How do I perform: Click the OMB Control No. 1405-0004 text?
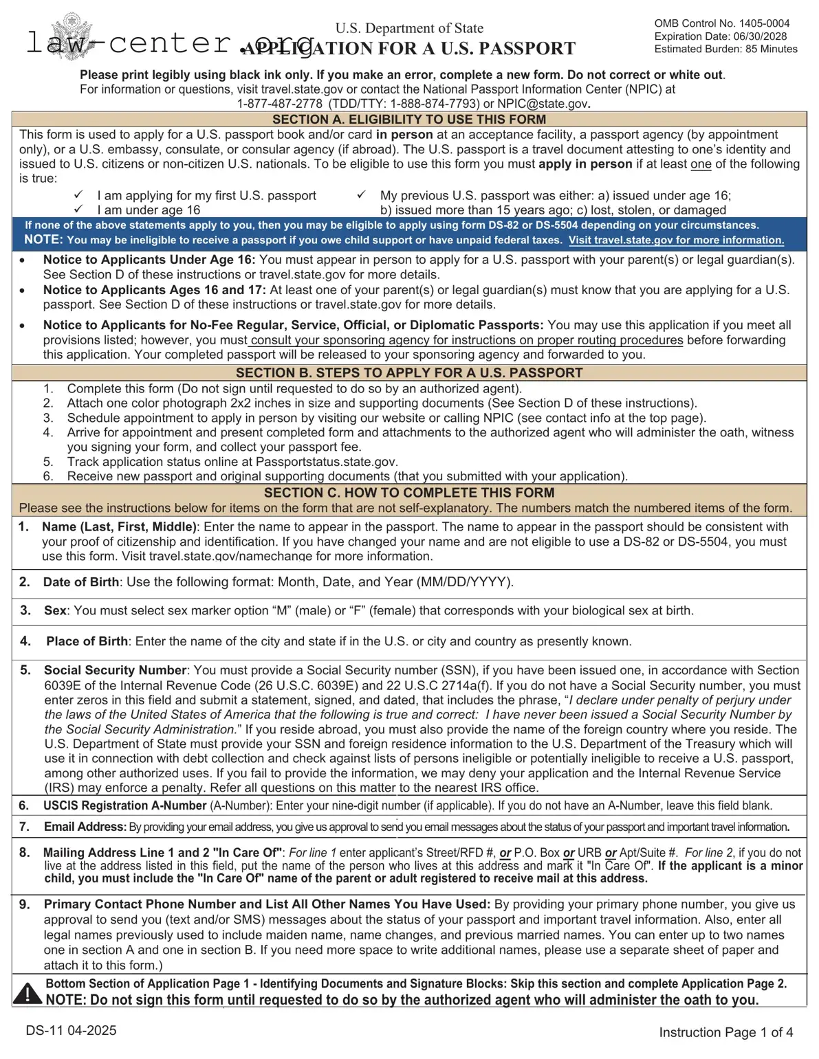pos(721,23)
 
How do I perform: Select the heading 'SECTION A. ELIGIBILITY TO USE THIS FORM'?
pos(409,120)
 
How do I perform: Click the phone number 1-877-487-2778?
pos(280,104)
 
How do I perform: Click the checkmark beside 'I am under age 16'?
pos(79,210)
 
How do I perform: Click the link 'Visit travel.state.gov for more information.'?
pos(676,241)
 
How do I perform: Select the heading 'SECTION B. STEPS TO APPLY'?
pos(409,373)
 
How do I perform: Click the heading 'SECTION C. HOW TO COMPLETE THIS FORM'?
pos(409,493)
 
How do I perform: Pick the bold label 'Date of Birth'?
pos(81,582)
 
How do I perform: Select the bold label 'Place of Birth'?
pos(87,641)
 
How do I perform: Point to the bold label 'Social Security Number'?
pos(116,670)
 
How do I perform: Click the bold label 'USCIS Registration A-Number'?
pos(124,805)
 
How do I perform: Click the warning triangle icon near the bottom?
pos(28,993)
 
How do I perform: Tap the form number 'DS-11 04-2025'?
pos(71,1030)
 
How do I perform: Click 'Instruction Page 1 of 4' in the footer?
pos(725,1032)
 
